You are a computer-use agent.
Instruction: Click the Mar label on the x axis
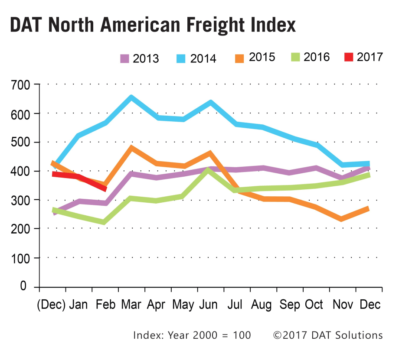[131, 305]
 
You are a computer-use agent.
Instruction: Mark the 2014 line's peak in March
[131, 97]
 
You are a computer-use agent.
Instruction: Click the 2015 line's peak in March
[131, 148]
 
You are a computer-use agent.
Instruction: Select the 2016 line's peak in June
[209, 171]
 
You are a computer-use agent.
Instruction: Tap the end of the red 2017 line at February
[105, 188]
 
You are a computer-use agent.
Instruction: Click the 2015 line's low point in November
[342, 219]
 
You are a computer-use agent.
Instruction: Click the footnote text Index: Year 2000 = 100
[192, 335]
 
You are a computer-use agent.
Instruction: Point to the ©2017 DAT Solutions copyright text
[328, 335]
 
